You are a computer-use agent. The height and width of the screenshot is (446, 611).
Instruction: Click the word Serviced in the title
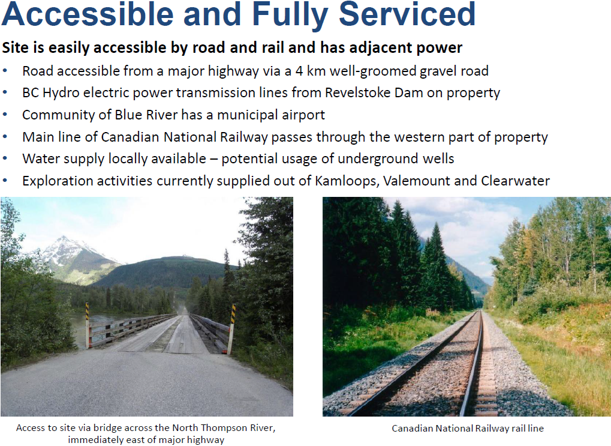pos(407,14)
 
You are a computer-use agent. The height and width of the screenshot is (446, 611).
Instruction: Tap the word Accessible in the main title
pos(88,14)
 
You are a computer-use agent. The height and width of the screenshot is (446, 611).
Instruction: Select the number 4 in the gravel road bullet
pos(299,71)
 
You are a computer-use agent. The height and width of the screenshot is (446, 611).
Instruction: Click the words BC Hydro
pos(51,93)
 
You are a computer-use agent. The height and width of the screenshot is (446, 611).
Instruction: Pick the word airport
pos(303,115)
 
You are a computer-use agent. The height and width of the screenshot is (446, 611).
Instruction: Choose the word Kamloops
pos(347,181)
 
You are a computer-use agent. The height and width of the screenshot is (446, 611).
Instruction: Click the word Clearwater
pos(515,181)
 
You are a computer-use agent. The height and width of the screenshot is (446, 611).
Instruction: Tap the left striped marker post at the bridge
pos(88,325)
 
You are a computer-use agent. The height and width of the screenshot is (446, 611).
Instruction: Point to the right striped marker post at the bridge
pos(232,328)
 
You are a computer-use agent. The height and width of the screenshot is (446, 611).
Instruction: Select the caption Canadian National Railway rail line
pos(468,429)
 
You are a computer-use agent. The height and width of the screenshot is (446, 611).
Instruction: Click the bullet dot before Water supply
pos(5,159)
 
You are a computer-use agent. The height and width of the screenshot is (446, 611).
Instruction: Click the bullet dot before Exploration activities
pos(5,181)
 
